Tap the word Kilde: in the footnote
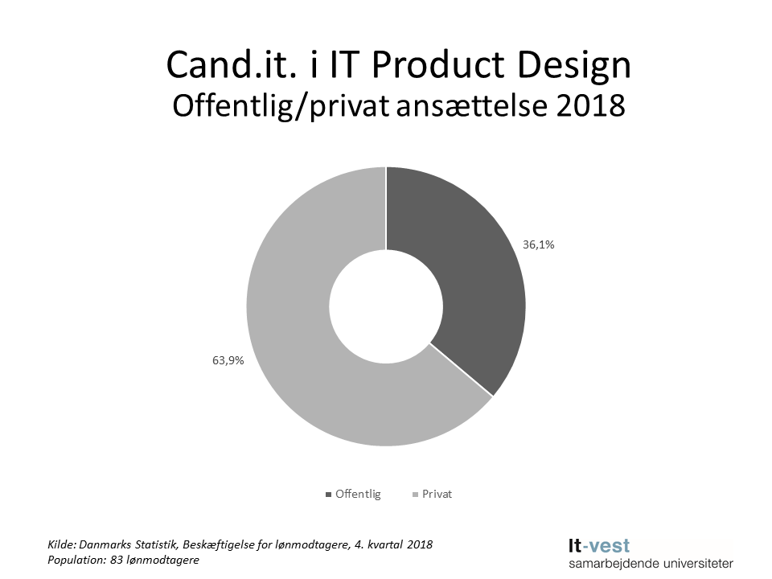coord(63,544)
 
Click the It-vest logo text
coord(599,546)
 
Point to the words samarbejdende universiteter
coord(651,564)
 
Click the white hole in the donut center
coord(386,306)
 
